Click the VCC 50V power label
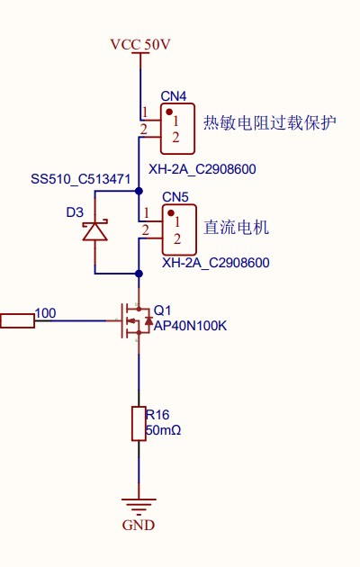pos(139,43)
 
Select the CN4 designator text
pos(174,96)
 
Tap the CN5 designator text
pos(175,197)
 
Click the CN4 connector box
pos(177,128)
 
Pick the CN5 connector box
pos(177,229)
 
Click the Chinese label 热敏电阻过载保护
pos(270,123)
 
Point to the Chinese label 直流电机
pos(237,227)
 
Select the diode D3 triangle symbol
pos(94,231)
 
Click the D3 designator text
pos(75,212)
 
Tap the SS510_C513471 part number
pos(81,179)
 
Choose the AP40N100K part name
pos(191,325)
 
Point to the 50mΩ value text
pos(164,431)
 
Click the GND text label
pos(138,526)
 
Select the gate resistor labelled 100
pos(17,319)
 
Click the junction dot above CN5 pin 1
pos(139,191)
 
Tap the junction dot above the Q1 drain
pos(139,272)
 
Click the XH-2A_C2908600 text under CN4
pos(202,168)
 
